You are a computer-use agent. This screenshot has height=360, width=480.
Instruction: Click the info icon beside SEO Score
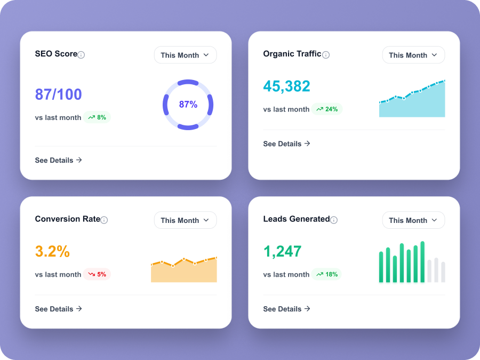pyautogui.click(x=81, y=55)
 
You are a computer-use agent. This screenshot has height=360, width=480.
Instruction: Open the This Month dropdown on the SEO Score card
pyautogui.click(x=185, y=55)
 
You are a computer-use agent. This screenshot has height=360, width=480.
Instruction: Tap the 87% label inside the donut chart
pyautogui.click(x=188, y=105)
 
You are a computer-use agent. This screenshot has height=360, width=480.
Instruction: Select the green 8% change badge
pyautogui.click(x=97, y=117)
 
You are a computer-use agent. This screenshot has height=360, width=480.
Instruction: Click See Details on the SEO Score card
pyautogui.click(x=58, y=160)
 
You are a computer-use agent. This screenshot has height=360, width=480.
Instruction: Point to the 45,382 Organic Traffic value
pyautogui.click(x=286, y=86)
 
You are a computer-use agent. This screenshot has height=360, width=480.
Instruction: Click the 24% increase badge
pyautogui.click(x=327, y=109)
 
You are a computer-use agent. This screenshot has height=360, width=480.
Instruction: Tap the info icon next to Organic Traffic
pyautogui.click(x=326, y=55)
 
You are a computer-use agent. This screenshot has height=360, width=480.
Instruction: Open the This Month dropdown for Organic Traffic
pyautogui.click(x=413, y=55)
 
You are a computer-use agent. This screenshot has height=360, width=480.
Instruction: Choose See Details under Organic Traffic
pyautogui.click(x=286, y=143)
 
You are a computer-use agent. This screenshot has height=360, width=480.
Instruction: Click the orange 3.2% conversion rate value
pyautogui.click(x=52, y=251)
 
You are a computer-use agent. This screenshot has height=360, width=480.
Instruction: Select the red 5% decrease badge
pyautogui.click(x=97, y=274)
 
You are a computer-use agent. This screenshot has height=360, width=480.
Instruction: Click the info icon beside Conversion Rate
pyautogui.click(x=104, y=220)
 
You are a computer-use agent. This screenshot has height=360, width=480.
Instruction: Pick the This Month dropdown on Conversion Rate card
pyautogui.click(x=185, y=220)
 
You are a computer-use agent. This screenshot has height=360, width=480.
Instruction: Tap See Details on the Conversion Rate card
pyautogui.click(x=58, y=309)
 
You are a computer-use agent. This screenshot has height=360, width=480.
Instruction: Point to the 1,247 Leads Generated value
pyautogui.click(x=282, y=252)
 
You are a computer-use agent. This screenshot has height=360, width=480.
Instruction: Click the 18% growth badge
pyautogui.click(x=326, y=274)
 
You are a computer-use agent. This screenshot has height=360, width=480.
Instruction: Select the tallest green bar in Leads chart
pyautogui.click(x=422, y=262)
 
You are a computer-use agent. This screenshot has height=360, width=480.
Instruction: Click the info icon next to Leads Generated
pyautogui.click(x=334, y=220)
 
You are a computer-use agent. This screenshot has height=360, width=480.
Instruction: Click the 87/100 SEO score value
pyautogui.click(x=58, y=94)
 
